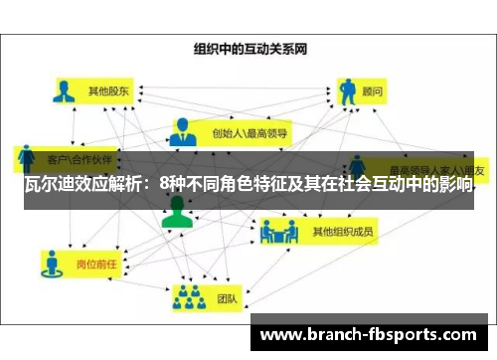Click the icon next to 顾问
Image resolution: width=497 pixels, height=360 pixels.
pyautogui.click(x=349, y=91)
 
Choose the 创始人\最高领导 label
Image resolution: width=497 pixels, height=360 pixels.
pyautogui.click(x=249, y=130)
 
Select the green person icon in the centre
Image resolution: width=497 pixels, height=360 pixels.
pyautogui.click(x=177, y=212)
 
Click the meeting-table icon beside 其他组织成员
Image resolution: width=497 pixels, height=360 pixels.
pyautogui.click(x=278, y=233)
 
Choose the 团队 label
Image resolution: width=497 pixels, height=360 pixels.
pyautogui.click(x=226, y=296)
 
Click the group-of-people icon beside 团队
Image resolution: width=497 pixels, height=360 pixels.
pyautogui.click(x=187, y=296)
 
